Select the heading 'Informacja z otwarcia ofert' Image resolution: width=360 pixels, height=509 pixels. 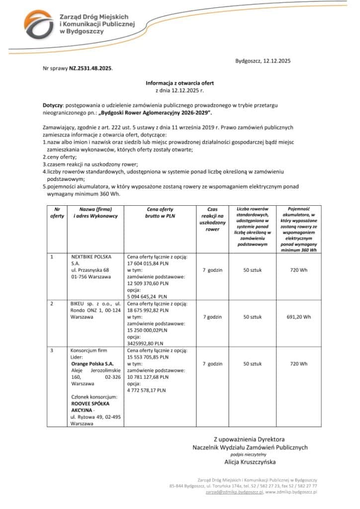(180, 83)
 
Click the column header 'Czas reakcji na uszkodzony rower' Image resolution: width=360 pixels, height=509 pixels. (212, 219)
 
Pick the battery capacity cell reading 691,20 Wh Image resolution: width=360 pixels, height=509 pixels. (299, 317)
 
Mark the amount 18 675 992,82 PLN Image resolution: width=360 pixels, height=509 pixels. (148, 310)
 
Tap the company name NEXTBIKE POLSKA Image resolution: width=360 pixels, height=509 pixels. (91, 256)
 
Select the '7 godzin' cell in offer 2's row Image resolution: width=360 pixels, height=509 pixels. (212, 317)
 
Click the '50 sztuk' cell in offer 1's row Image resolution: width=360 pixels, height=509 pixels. (253, 270)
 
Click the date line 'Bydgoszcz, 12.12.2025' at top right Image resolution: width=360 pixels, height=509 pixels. (263, 61)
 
